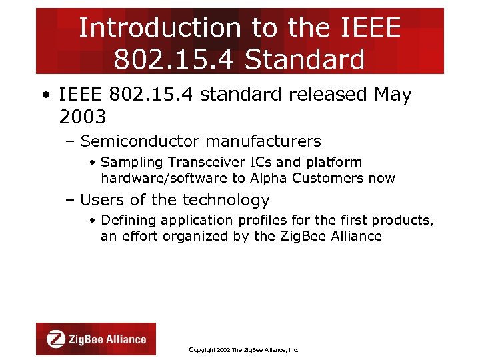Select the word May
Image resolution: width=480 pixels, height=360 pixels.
point(393,95)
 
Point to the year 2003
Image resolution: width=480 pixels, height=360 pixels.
point(82,117)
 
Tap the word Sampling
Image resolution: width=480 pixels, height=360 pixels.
point(132,162)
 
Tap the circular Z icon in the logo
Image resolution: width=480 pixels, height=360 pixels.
point(56,339)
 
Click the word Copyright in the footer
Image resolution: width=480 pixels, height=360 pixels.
point(203,350)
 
